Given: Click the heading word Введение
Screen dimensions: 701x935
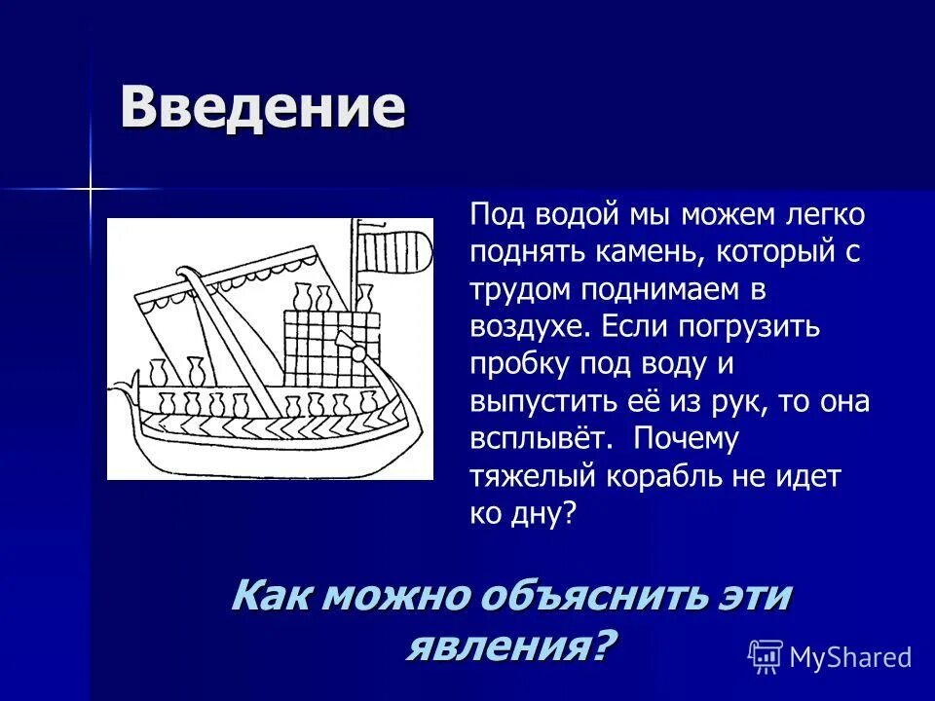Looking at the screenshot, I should [262, 108].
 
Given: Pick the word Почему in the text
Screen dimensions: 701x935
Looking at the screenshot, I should [687, 438].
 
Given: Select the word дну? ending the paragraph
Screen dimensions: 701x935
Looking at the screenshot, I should [548, 513].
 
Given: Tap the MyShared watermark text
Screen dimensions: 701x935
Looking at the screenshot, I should [851, 657].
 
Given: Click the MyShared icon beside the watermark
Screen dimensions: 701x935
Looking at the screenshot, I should [766, 657].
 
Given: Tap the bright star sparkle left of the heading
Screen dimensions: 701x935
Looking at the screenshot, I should [91, 187].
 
